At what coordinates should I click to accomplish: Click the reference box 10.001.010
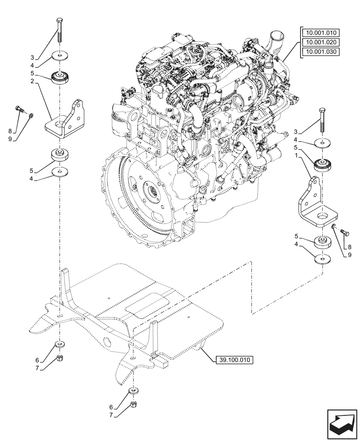(x=320, y=32)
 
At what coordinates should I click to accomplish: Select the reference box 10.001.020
(x=320, y=42)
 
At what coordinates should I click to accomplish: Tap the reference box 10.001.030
(x=320, y=52)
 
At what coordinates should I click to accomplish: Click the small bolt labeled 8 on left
(x=20, y=108)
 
